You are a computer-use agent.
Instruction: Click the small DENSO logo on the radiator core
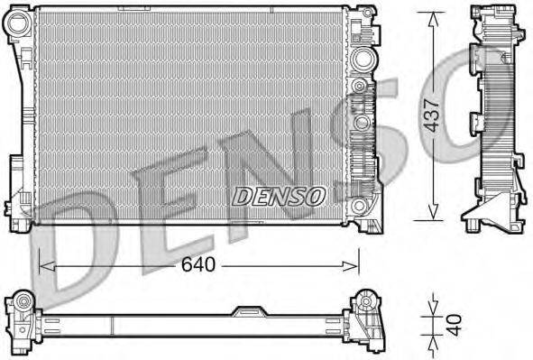279,194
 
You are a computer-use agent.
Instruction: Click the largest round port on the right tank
363,60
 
